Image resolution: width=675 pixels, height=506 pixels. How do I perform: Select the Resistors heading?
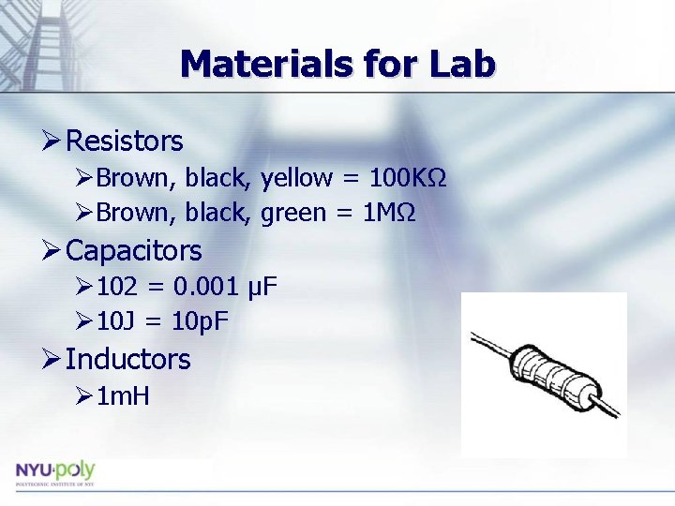pos(125,141)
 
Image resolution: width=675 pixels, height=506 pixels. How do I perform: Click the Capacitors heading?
pos(134,250)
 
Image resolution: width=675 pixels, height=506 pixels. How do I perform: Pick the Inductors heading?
pos(128,359)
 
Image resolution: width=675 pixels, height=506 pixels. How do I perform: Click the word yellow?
pos(296,178)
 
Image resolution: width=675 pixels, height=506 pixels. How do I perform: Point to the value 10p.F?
pos(201,321)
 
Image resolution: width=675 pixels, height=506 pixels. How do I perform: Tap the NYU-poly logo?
pos(54,471)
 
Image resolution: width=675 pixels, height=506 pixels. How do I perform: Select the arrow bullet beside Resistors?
pos(52,141)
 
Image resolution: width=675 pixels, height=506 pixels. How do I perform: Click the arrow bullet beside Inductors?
pos(52,359)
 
